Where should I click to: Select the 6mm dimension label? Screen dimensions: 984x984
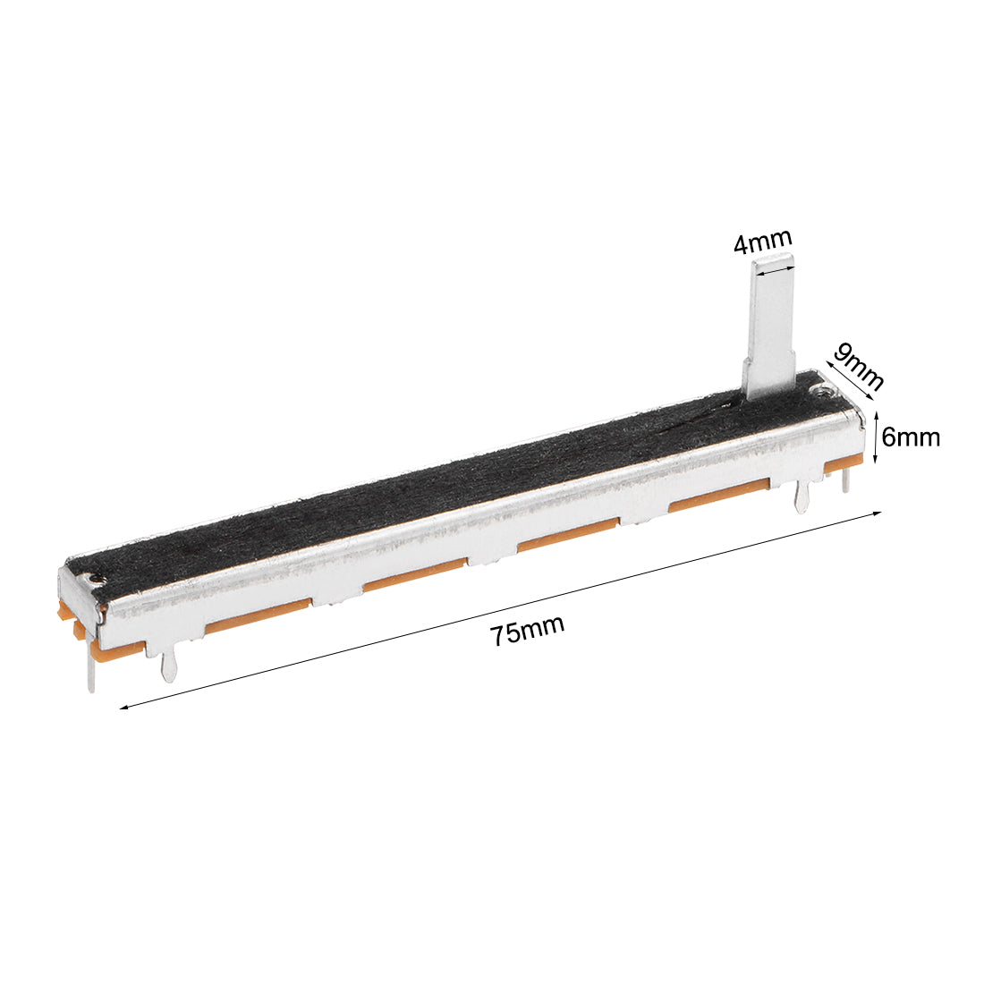[x=911, y=437]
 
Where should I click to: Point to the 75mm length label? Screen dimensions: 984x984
[x=527, y=631]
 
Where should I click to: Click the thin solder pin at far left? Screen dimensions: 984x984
[x=91, y=670]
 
